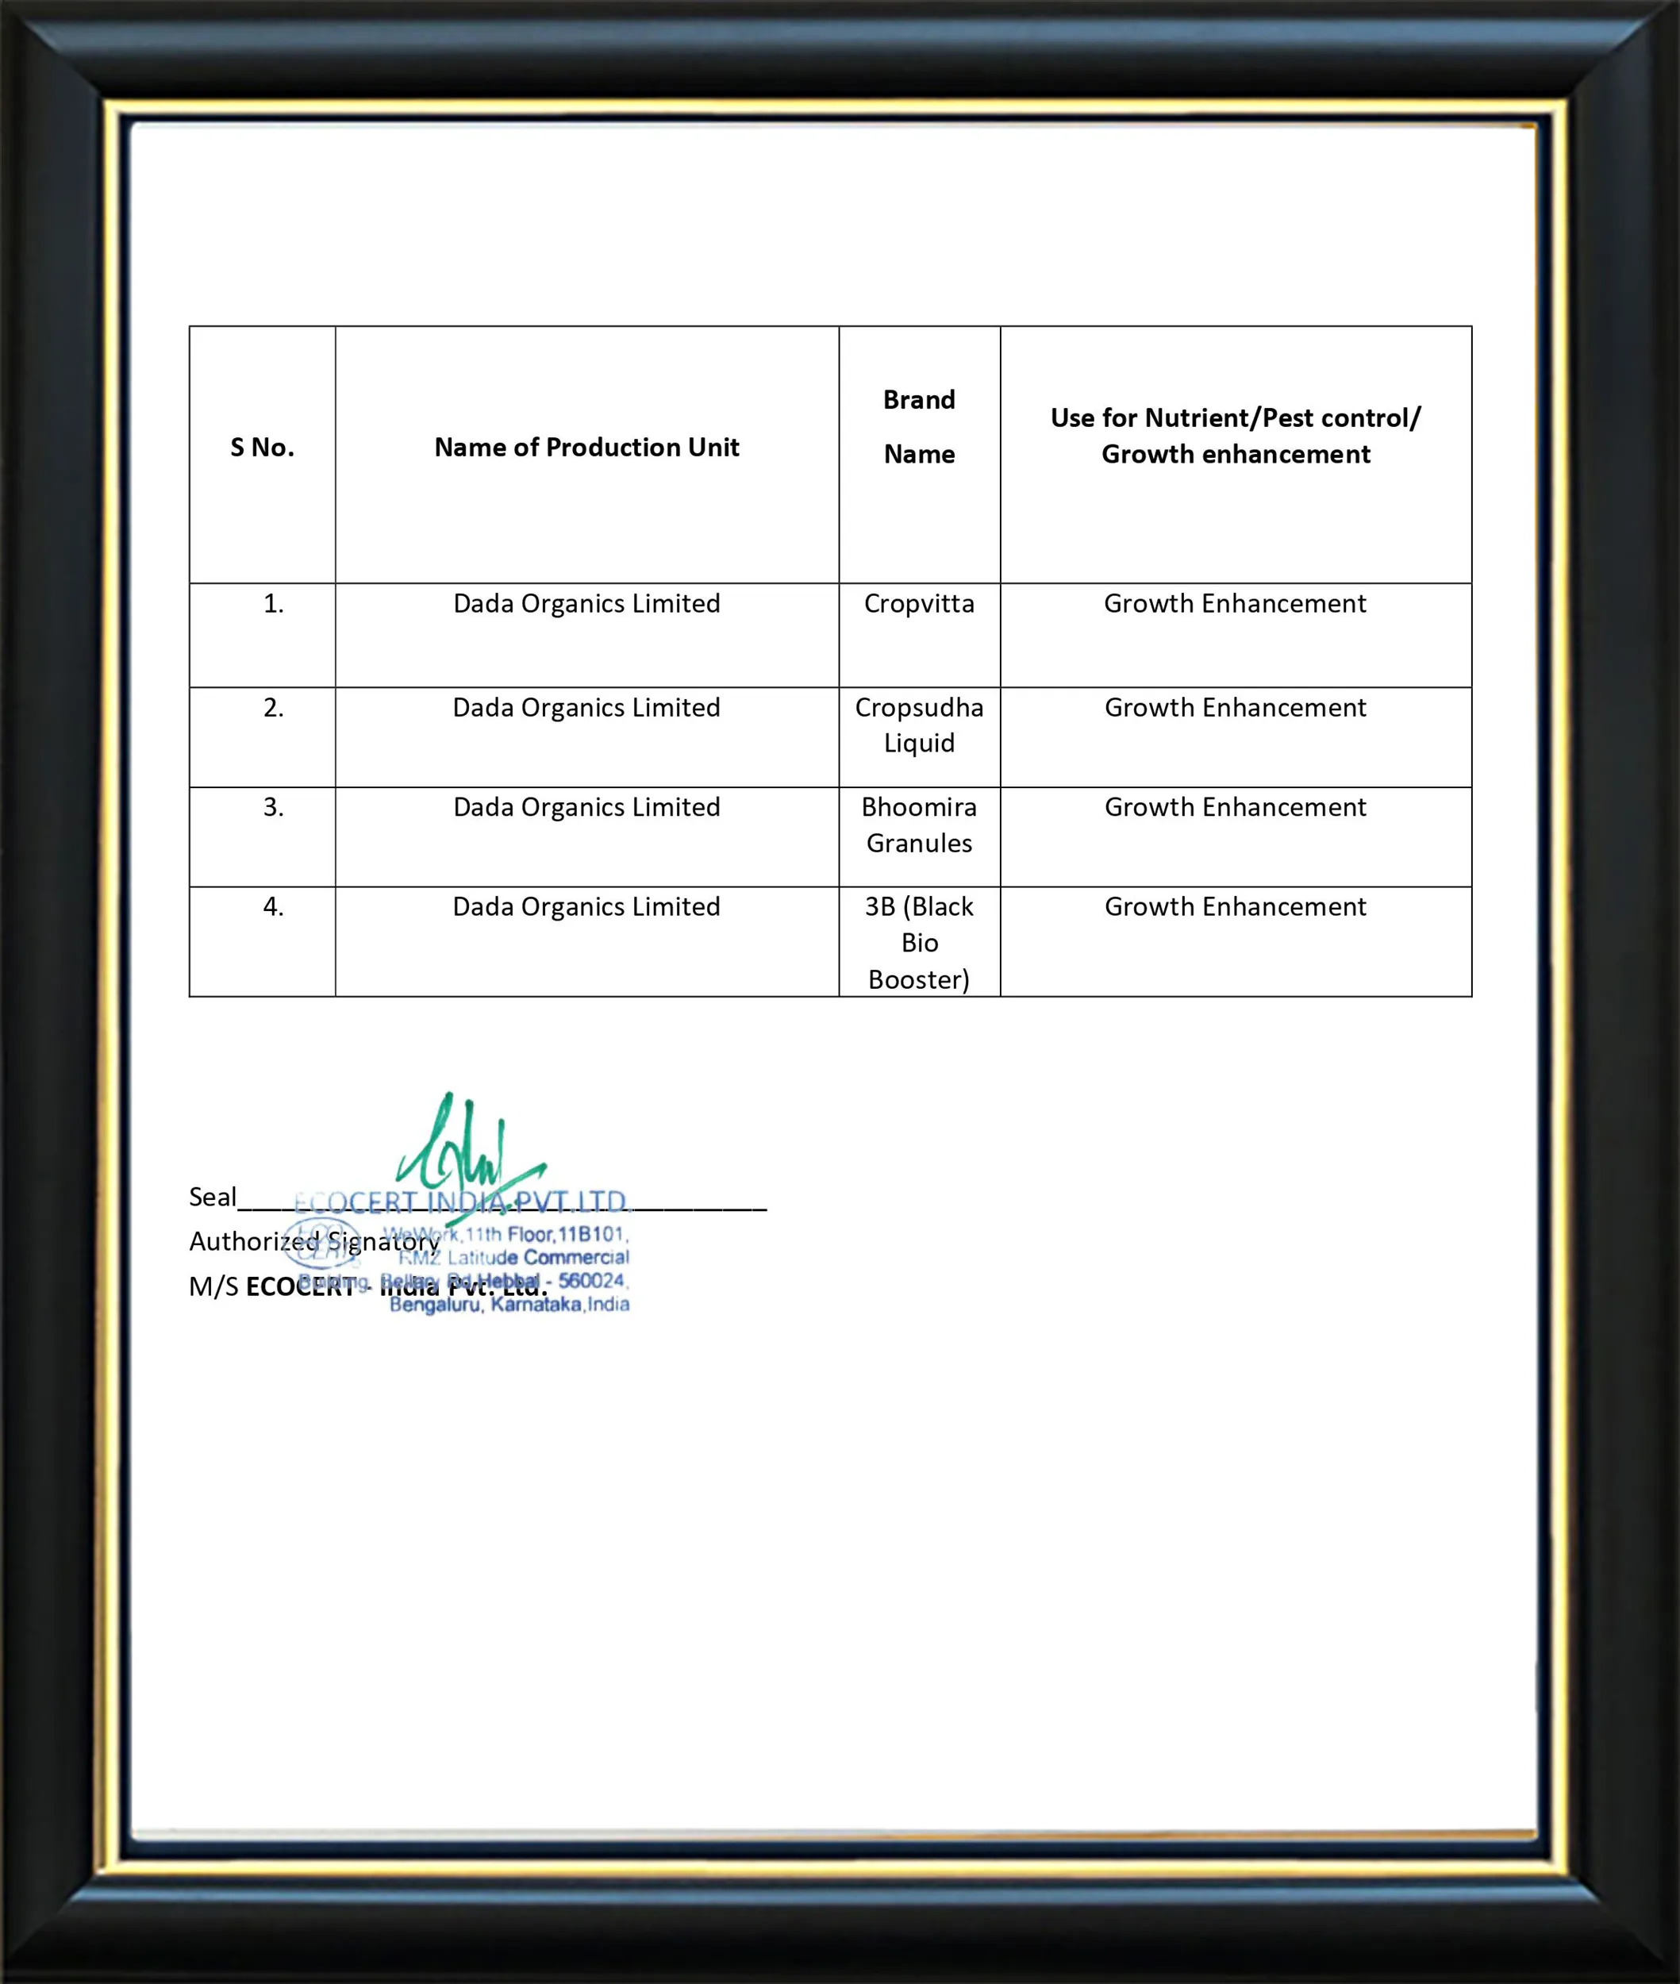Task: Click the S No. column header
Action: coord(262,447)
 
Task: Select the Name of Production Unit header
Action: coord(586,447)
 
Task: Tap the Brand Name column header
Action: coord(919,427)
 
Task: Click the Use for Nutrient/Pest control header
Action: coord(1236,435)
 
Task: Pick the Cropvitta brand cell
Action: coord(919,604)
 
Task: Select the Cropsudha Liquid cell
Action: coord(919,725)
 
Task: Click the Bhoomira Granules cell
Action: coord(919,825)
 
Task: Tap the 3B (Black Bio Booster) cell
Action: coord(919,942)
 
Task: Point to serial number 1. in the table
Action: coord(273,604)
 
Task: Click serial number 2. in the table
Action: coord(273,708)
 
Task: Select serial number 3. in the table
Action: coord(273,808)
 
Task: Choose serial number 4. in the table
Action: coord(273,907)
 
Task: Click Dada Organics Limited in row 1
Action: coord(586,604)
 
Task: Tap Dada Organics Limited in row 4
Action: coord(586,907)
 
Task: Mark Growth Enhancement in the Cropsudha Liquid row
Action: coord(1236,708)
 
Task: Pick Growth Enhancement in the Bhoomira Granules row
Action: coord(1236,808)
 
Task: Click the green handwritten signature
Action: coord(467,1148)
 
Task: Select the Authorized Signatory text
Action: coord(314,1242)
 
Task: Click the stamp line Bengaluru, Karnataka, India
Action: coord(509,1305)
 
